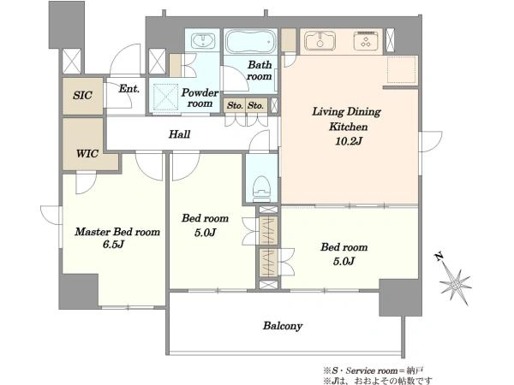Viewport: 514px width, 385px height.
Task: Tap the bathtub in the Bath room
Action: click(251, 42)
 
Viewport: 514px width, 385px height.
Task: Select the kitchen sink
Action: click(320, 41)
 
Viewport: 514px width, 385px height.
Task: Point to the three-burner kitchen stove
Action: click(366, 41)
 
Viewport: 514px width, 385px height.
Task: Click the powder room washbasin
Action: click(203, 41)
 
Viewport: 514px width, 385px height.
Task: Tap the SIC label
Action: click(82, 95)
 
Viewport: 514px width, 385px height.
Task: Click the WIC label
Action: click(87, 153)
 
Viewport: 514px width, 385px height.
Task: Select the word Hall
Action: click(179, 134)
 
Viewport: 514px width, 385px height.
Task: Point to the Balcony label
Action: click(282, 326)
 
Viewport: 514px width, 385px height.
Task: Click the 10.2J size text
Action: click(348, 141)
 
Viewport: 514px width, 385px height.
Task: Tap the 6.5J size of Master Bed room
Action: click(113, 244)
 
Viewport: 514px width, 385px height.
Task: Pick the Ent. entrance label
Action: click(129, 88)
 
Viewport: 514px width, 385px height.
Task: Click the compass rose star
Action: click(456, 286)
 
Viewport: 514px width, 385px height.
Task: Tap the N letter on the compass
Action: click(439, 257)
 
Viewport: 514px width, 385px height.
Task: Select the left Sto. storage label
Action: click(235, 106)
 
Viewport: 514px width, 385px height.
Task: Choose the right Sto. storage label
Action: click(255, 106)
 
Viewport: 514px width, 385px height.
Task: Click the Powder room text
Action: click(200, 98)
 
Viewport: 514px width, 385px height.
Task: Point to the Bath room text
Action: click(260, 70)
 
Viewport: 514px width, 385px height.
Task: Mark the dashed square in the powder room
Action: click(164, 96)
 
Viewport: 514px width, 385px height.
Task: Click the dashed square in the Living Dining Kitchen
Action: click(402, 69)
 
